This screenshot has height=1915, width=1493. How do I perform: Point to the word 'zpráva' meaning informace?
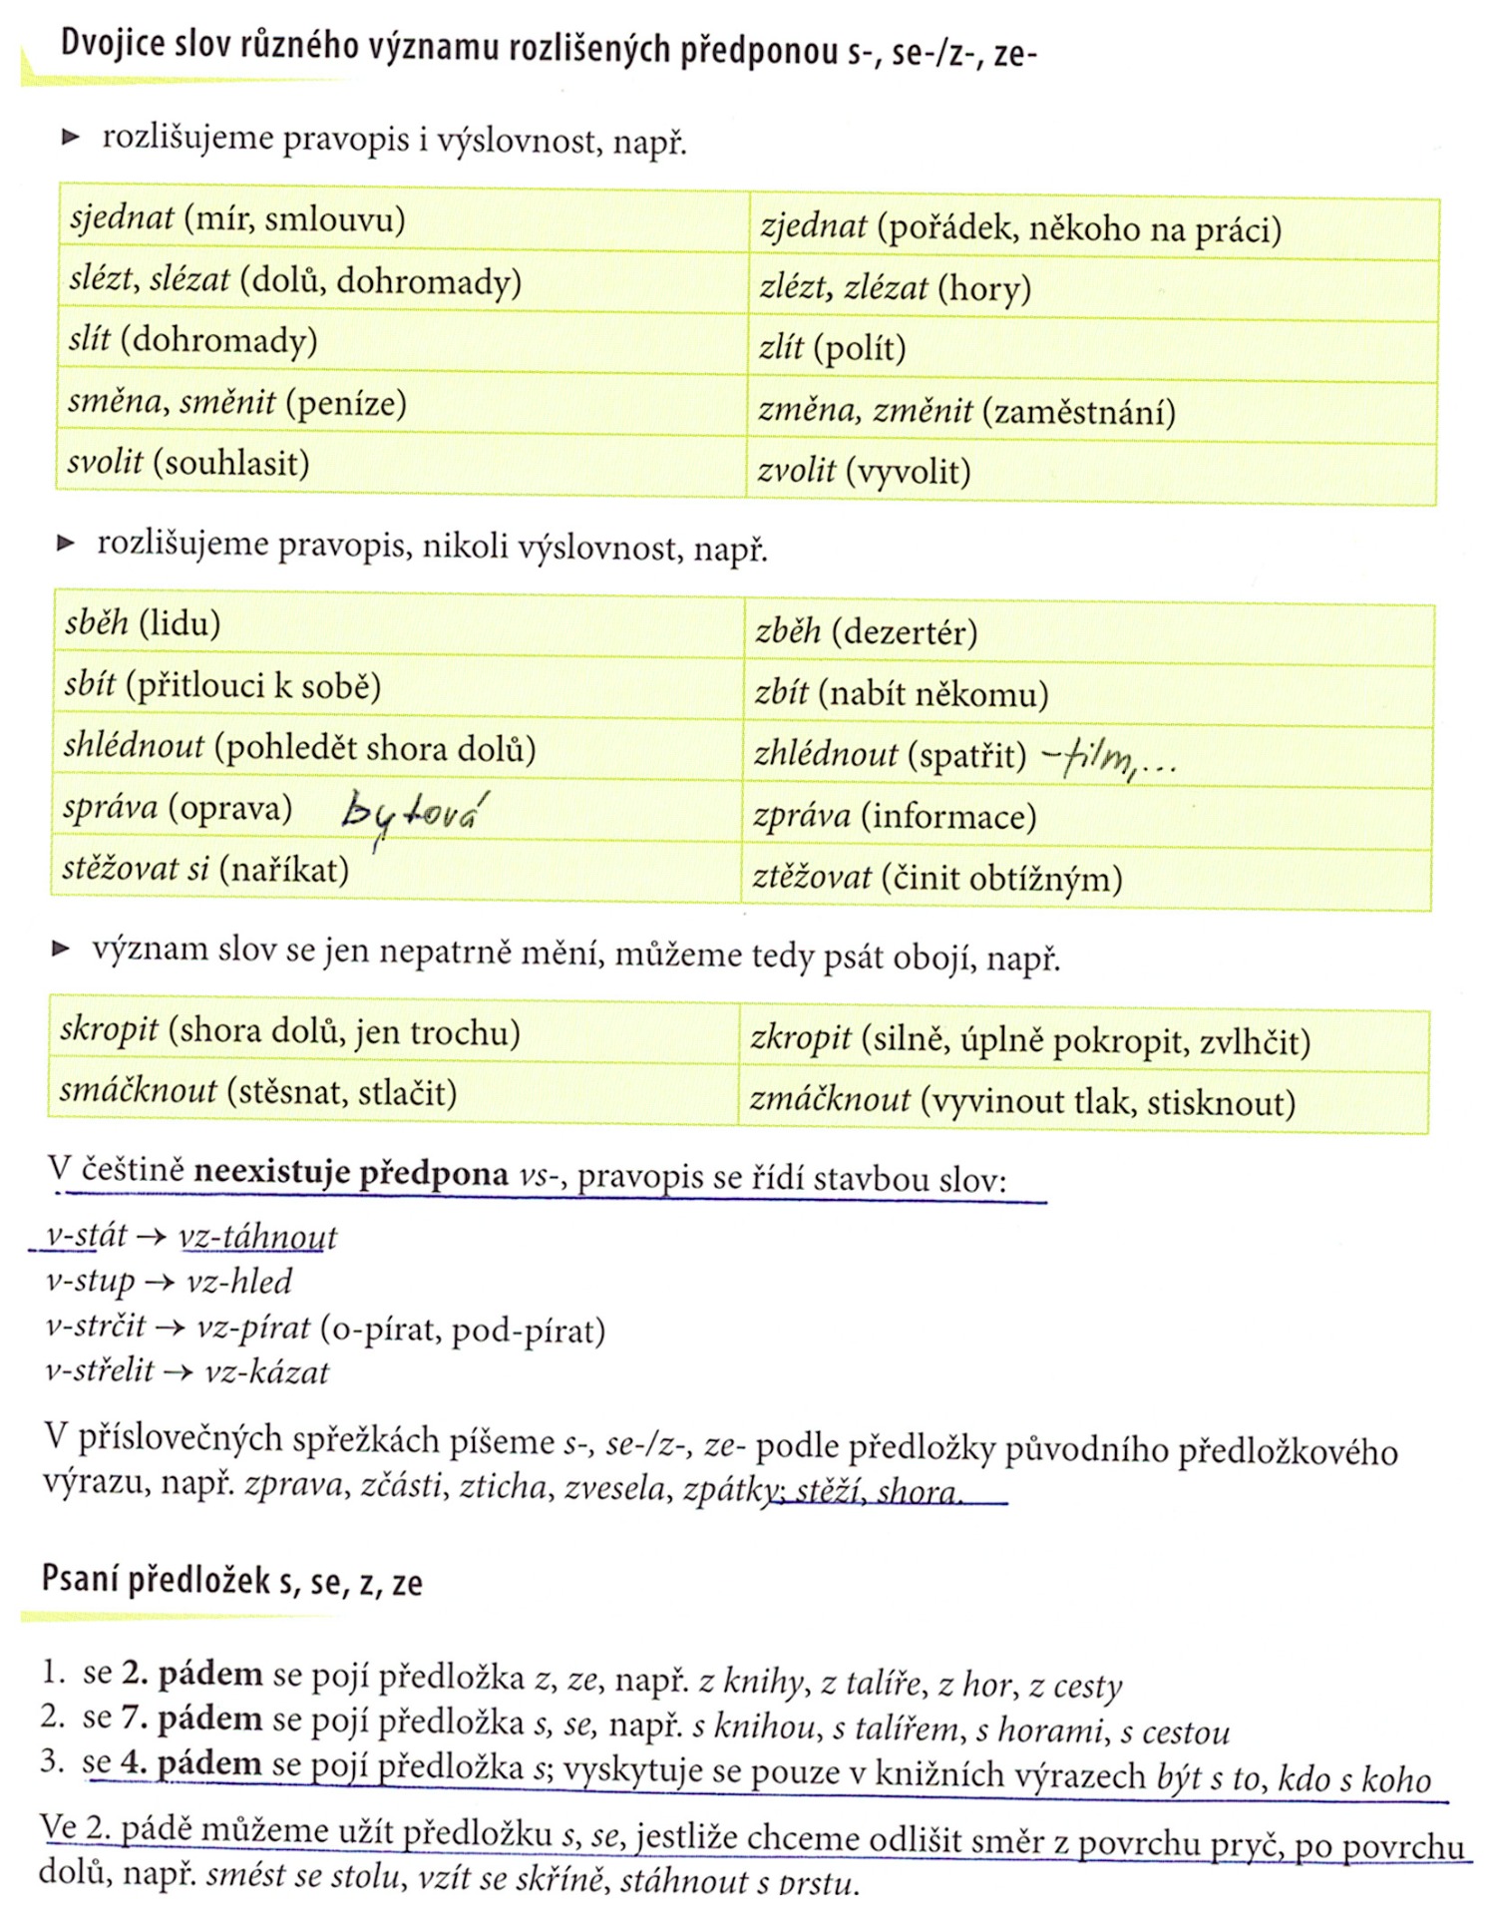(802, 817)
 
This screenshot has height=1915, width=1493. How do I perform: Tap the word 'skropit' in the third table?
(109, 1029)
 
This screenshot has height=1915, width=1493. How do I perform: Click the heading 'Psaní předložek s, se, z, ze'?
(232, 1581)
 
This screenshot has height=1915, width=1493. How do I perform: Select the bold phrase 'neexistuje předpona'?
(351, 1173)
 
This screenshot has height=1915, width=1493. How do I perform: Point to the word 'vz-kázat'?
(266, 1373)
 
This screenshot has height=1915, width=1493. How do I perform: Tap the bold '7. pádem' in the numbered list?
(191, 1719)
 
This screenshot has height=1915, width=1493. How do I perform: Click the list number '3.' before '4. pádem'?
(54, 1760)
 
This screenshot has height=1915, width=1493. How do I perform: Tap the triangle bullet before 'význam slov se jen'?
(61, 949)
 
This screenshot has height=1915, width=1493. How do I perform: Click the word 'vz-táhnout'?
(258, 1238)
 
